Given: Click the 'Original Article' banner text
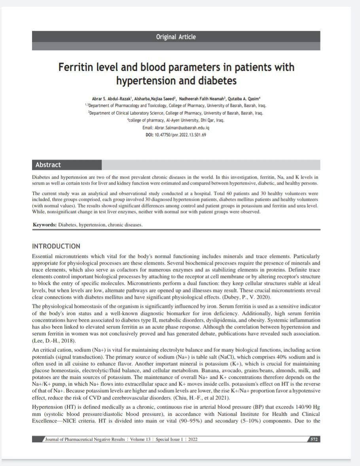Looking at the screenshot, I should (176, 37).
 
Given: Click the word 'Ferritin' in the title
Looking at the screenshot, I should (76, 67).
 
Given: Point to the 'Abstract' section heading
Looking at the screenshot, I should (48, 165).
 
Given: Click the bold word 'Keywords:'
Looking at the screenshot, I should (45, 224).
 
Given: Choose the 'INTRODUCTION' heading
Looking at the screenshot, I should (56, 246).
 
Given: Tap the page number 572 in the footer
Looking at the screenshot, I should (314, 439).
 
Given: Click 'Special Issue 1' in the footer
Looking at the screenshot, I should (171, 439).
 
